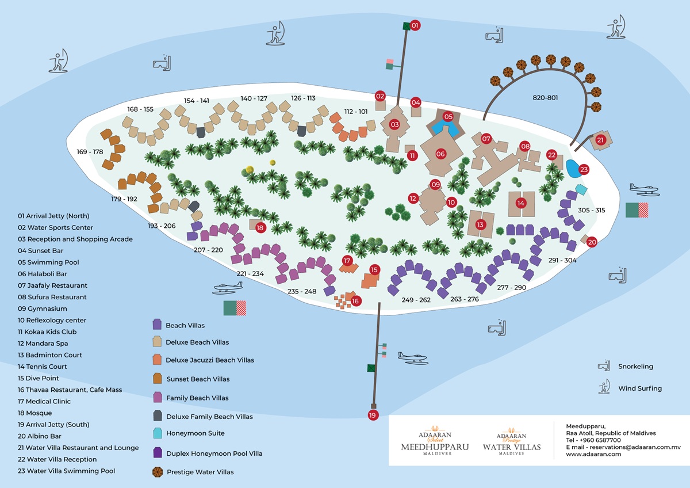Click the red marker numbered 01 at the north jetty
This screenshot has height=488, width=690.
pos(415,25)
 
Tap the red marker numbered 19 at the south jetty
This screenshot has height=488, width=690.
pos(373,415)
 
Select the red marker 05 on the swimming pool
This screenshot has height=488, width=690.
pos(448,116)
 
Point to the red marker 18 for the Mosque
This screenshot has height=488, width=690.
pos(260,228)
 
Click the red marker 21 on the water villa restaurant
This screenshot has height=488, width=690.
pos(600,140)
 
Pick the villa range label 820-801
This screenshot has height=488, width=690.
pos(545,98)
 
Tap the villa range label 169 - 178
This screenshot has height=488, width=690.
pos(90,152)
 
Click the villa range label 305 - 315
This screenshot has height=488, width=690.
pos(592,210)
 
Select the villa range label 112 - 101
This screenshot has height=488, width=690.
pos(356,112)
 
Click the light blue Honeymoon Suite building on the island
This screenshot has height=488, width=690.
pos(581,189)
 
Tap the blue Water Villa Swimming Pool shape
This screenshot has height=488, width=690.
pos(573,169)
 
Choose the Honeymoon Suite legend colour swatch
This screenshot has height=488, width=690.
pos(158,433)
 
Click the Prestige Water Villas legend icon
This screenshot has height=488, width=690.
pos(158,472)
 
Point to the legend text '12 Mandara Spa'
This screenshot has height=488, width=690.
pos(43,344)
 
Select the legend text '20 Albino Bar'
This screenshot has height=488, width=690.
pos(40,436)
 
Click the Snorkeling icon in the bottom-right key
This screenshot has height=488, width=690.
pos(604,365)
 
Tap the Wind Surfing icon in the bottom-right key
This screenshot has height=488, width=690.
pos(604,387)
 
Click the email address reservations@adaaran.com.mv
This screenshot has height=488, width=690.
pos(635,447)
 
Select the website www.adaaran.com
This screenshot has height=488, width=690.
pos(593,454)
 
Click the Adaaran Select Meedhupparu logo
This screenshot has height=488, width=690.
pos(435,441)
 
